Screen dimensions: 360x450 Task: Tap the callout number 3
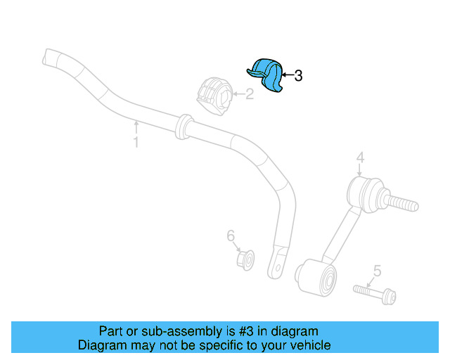click(x=298, y=76)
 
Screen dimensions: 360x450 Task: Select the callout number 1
click(x=136, y=143)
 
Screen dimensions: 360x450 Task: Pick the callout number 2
click(x=249, y=93)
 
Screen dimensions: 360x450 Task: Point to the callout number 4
click(x=359, y=158)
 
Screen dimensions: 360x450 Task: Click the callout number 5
click(x=377, y=270)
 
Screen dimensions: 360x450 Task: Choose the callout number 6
click(x=230, y=236)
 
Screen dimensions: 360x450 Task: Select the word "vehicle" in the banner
click(x=310, y=345)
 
